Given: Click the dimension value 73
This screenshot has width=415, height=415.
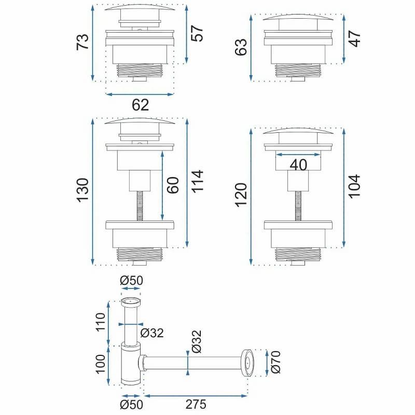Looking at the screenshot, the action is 82,42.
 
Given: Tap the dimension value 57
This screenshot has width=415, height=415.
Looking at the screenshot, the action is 197,33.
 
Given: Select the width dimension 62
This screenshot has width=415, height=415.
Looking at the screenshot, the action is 140,105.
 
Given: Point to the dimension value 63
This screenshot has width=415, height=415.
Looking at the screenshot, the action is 241,47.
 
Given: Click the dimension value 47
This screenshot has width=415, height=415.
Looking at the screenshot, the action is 354,38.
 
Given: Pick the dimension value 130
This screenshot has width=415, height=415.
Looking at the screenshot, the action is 82,190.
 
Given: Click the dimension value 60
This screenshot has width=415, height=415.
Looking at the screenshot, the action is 173,185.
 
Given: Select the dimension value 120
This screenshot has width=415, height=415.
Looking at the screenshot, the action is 241,195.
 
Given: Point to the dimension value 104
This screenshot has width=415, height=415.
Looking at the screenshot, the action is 354,186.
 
